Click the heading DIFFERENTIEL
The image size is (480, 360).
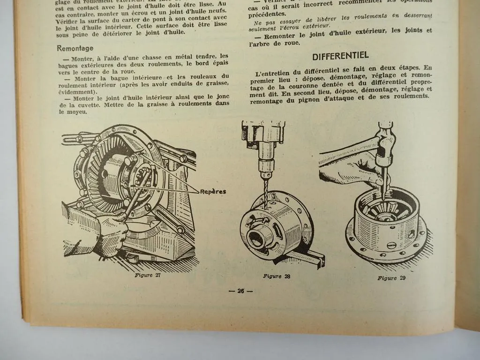click(x=340, y=56)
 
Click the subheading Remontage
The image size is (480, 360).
click(x=75, y=48)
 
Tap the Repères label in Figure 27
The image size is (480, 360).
click(x=213, y=191)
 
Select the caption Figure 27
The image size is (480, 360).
click(x=147, y=275)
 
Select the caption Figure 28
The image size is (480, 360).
click(x=276, y=276)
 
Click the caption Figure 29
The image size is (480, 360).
click(x=391, y=278)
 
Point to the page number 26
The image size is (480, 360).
click(x=240, y=291)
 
